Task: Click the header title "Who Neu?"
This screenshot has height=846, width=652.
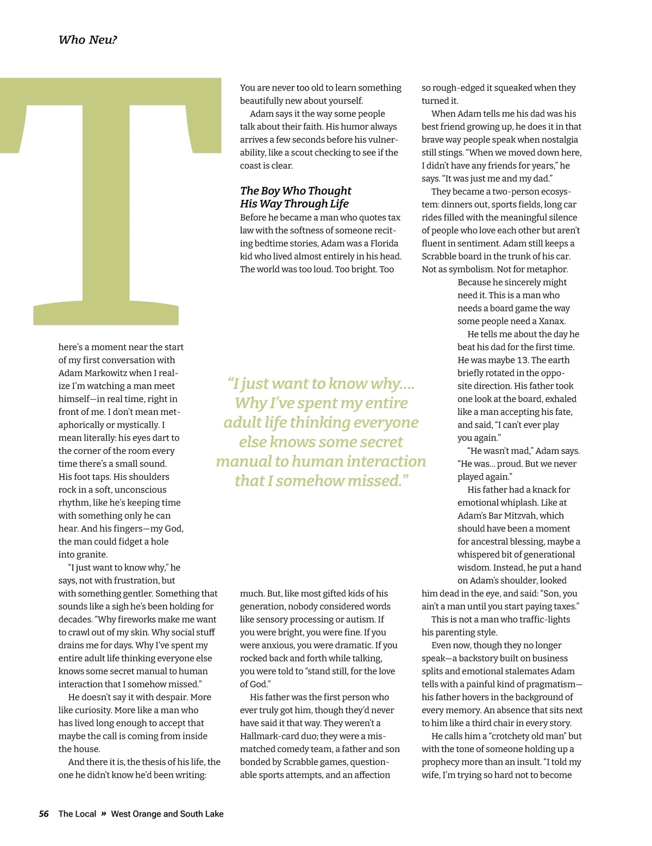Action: click(x=87, y=40)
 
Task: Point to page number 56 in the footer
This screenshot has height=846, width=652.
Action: click(x=43, y=813)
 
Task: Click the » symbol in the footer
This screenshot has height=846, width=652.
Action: click(x=103, y=813)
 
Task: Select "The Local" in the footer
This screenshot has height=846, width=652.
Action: click(x=77, y=813)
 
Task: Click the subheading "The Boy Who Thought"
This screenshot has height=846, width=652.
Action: click(x=296, y=191)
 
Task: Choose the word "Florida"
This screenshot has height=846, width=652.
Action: click(x=384, y=243)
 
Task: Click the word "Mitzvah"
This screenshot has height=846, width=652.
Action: click(x=543, y=515)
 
